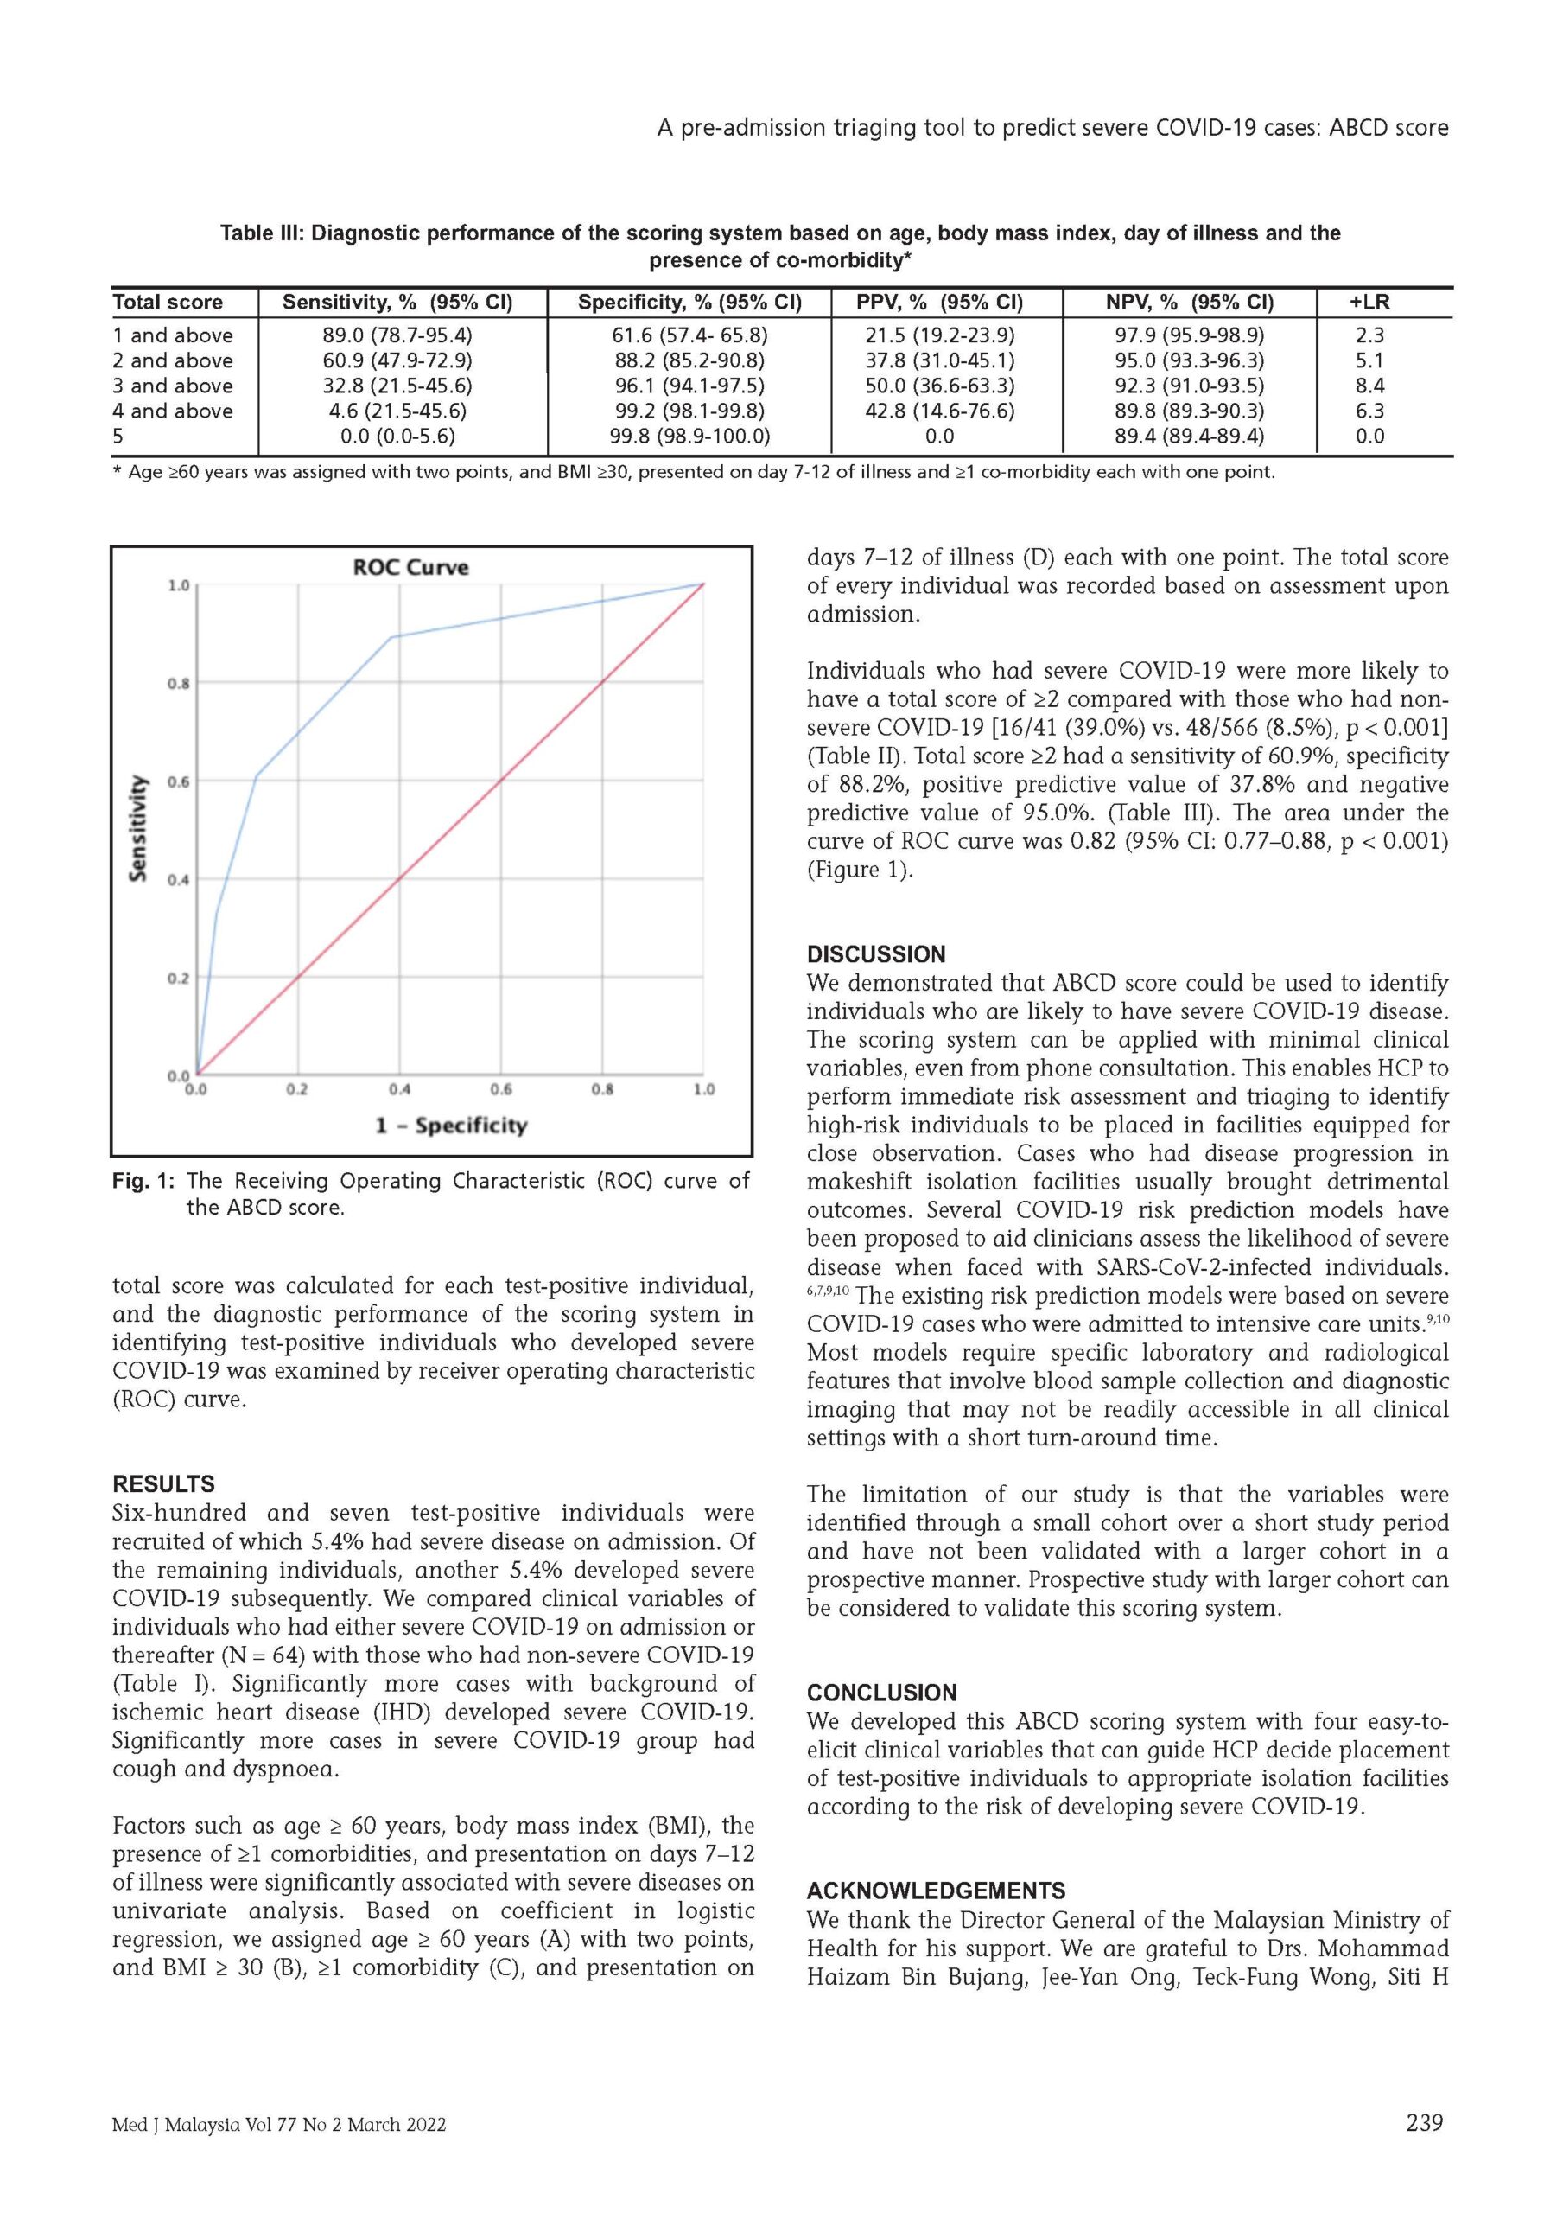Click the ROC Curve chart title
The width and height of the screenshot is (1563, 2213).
[410, 567]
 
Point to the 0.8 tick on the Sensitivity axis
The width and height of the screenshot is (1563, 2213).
[177, 684]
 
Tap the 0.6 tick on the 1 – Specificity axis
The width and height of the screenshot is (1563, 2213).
[500, 1090]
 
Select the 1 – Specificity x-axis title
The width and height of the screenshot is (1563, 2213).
[452, 1125]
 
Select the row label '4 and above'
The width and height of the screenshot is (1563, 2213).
[173, 411]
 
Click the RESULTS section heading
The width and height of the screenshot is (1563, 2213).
[164, 1484]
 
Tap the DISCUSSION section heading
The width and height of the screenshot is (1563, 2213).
[876, 954]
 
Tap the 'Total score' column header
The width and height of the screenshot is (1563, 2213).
[167, 303]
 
